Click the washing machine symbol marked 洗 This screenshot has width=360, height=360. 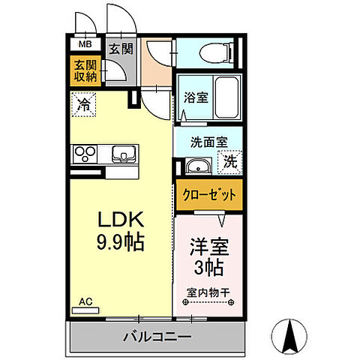click(230, 160)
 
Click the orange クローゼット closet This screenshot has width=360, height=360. click(209, 193)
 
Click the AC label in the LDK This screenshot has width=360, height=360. click(85, 302)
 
